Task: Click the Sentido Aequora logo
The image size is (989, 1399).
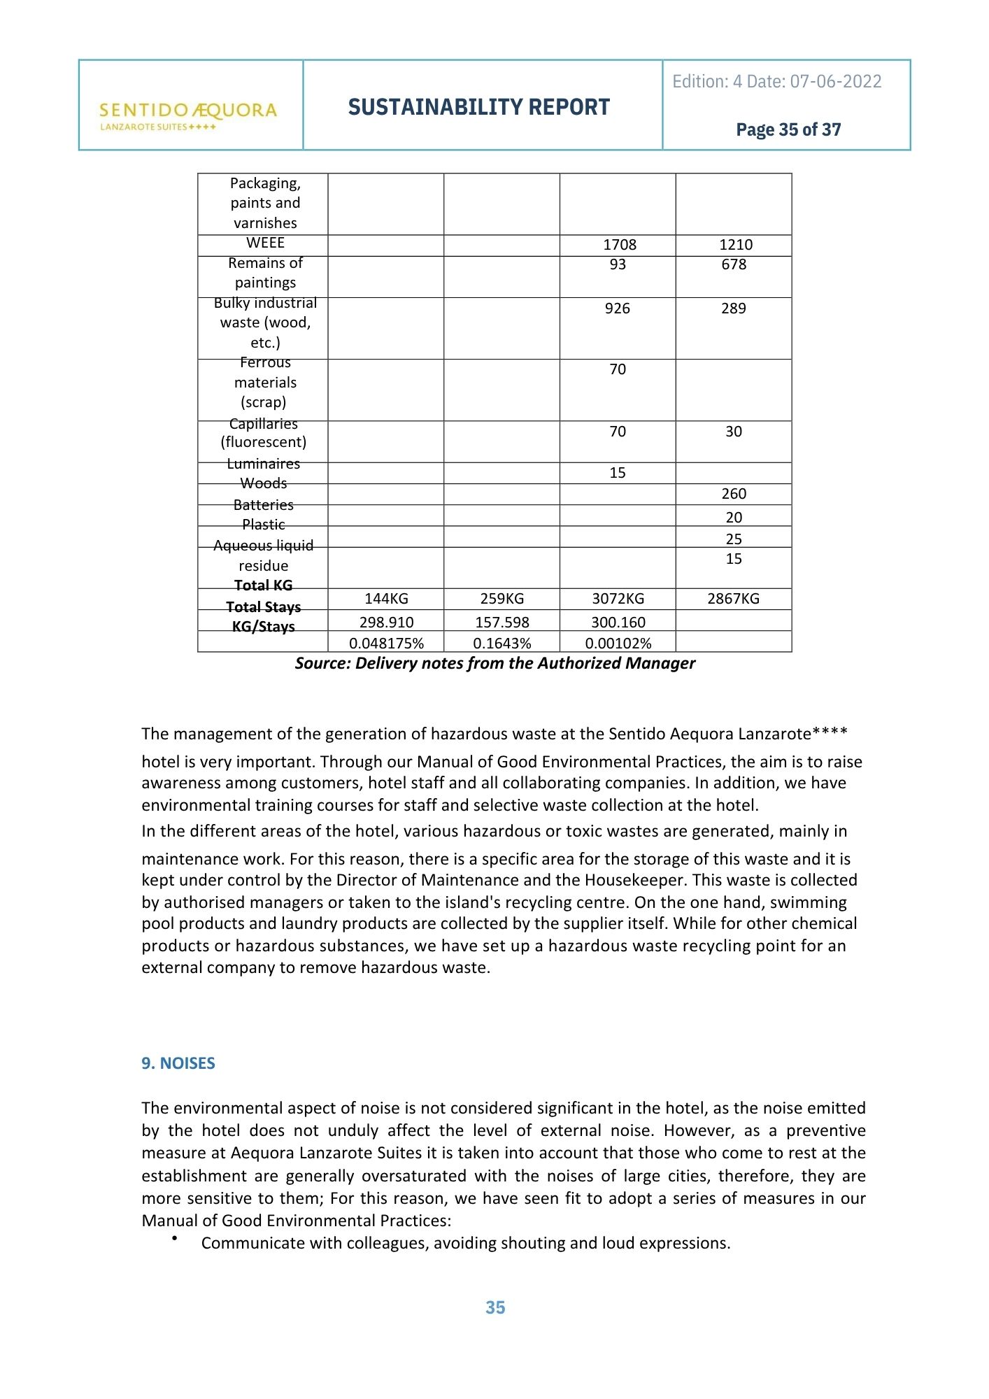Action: pos(188,115)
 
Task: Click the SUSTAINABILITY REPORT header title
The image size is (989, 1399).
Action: pos(479,107)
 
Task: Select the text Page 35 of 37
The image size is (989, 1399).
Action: pos(788,130)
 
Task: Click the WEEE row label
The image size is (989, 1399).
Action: pos(265,243)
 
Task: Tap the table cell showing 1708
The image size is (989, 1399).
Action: pos(620,245)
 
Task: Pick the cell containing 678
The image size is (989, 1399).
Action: pos(734,264)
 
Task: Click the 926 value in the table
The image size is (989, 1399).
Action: pos(618,308)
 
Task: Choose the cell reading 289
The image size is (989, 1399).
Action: pos(734,308)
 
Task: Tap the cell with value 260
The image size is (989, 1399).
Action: pos(734,494)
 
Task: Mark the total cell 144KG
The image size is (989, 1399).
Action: pos(386,599)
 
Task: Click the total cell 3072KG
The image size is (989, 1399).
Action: pos(618,599)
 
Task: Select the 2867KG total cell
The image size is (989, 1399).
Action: pos(733,599)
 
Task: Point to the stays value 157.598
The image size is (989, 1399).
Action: pos(502,623)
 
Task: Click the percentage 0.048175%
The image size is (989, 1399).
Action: pos(386,644)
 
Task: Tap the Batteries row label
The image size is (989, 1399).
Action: pos(264,505)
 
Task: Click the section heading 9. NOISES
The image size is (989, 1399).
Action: pos(178,1063)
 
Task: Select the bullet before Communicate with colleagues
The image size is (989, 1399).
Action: pos(173,1240)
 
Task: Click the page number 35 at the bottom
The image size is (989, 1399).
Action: pos(495,1307)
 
